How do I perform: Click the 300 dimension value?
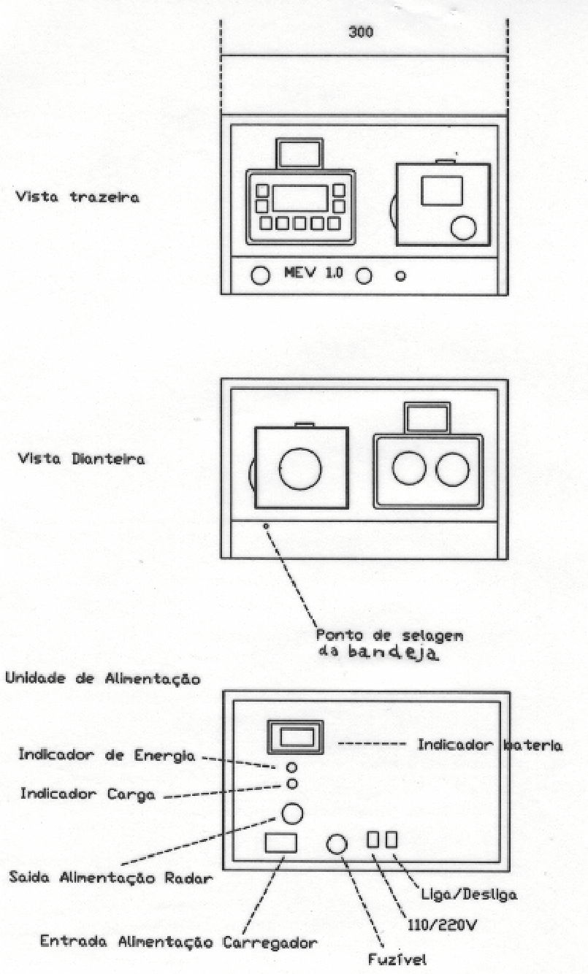[361, 31]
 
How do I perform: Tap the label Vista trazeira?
[78, 197]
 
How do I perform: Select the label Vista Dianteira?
[81, 459]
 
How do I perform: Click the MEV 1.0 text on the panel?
[313, 272]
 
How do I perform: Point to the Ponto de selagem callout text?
[389, 636]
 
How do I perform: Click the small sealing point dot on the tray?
[266, 526]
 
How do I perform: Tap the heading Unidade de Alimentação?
[103, 678]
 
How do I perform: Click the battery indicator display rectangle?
[295, 737]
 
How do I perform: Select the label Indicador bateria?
[489, 745]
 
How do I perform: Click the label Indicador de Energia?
[107, 755]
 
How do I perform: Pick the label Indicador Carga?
[88, 794]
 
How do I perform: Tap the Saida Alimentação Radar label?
[110, 878]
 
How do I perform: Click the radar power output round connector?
[292, 813]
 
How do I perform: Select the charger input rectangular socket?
[281, 843]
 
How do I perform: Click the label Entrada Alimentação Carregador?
[178, 943]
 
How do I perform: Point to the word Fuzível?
[397, 959]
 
